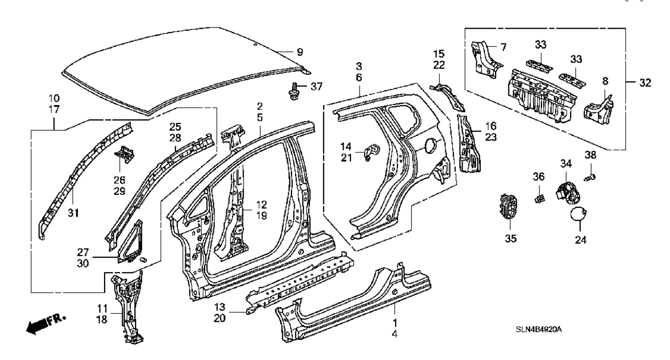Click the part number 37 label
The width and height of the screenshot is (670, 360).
pos(317,86)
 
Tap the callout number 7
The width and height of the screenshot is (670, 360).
pos(504,46)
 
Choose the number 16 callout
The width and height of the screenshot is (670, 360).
pos(492,126)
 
